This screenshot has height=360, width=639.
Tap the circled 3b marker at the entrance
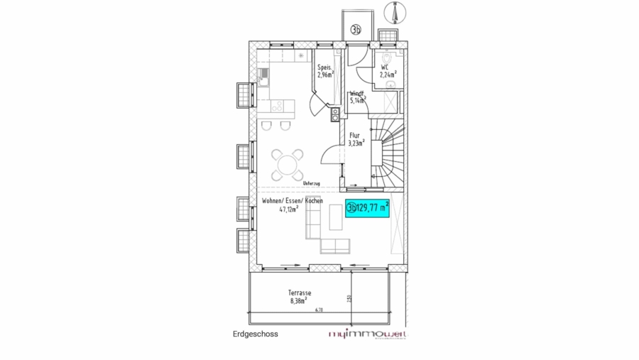click(356, 29)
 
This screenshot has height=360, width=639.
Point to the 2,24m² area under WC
click(388, 74)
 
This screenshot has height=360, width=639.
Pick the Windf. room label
click(357, 93)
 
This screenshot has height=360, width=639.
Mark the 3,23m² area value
click(356, 142)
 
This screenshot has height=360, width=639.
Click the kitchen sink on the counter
click(263, 73)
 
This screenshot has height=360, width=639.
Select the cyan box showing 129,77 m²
click(368, 209)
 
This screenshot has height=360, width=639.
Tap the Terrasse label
click(300, 293)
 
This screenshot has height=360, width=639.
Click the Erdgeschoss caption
click(256, 333)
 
